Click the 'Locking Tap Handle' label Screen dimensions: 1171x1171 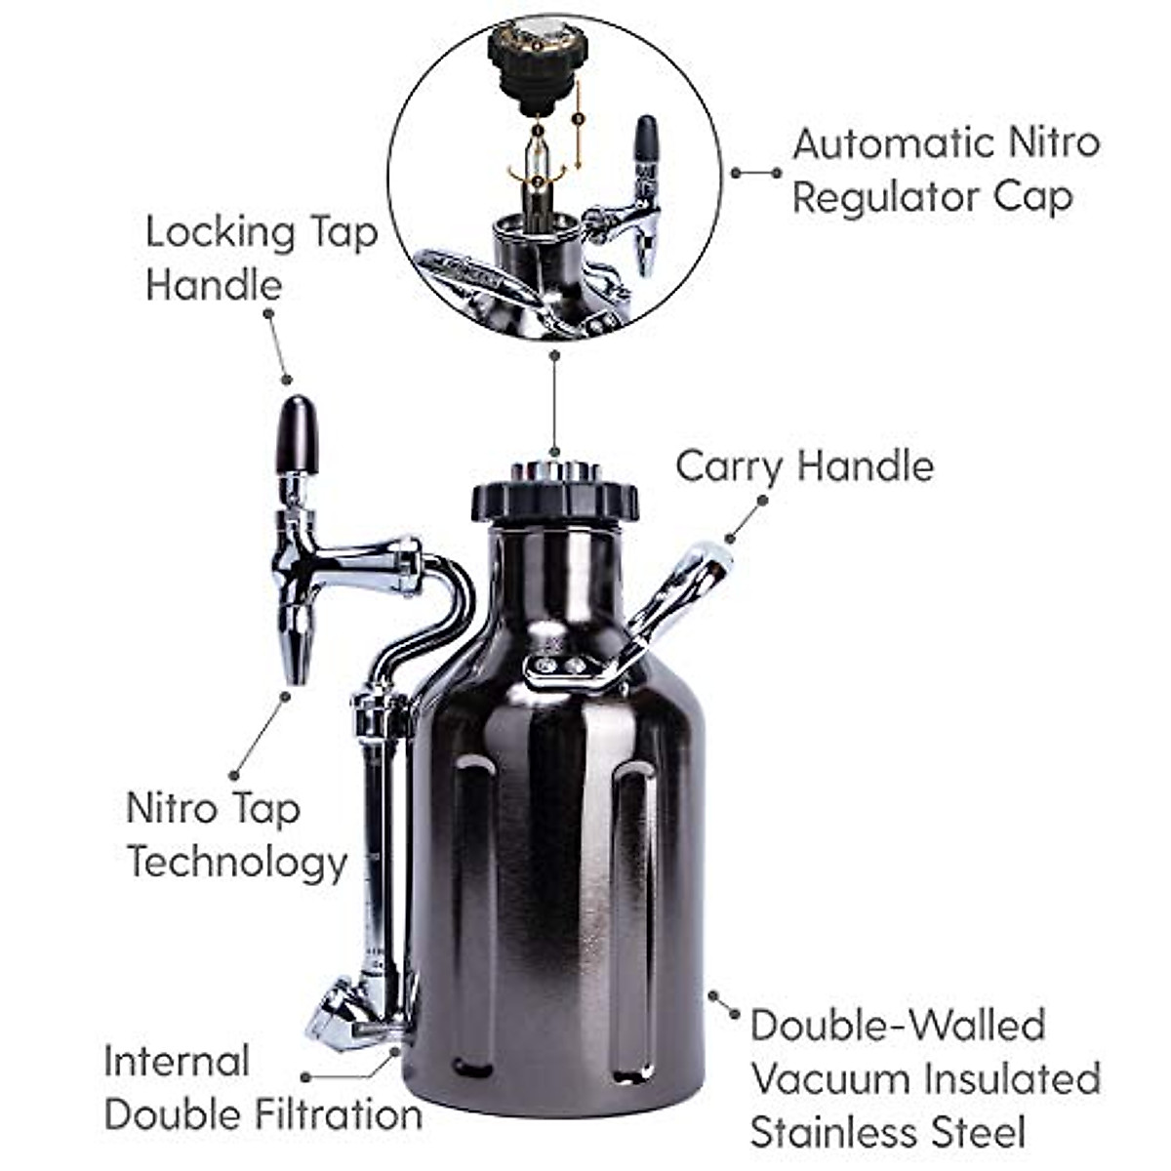click(x=261, y=259)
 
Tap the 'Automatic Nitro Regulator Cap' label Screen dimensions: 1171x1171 click(x=945, y=170)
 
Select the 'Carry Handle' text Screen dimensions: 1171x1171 click(x=804, y=466)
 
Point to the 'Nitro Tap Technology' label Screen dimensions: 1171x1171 click(x=236, y=835)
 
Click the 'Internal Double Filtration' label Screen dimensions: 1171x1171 click(x=262, y=1087)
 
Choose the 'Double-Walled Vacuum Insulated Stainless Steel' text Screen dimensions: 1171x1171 click(x=925, y=1079)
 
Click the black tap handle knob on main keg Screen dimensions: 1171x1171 click(x=296, y=435)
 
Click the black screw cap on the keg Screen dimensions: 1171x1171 click(x=554, y=498)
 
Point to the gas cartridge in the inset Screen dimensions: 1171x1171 click(x=536, y=176)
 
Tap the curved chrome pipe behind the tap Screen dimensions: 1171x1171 click(x=444, y=605)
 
